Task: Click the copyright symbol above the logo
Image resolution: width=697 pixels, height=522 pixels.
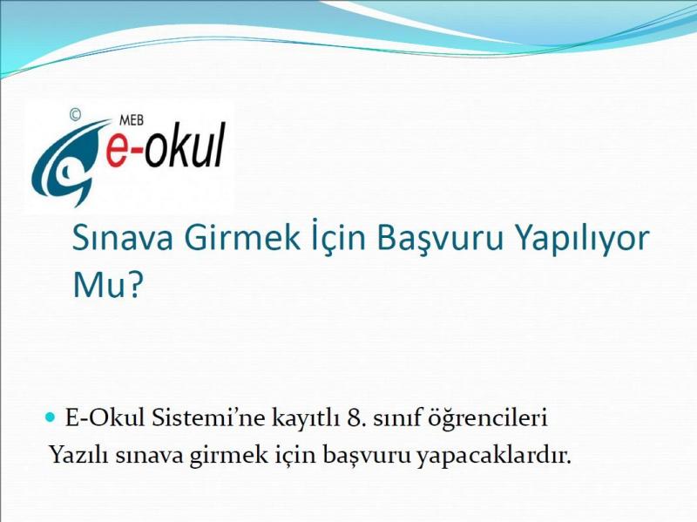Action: (x=75, y=115)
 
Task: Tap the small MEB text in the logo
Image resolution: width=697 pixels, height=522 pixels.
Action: (x=132, y=120)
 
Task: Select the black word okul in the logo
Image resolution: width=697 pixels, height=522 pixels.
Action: (x=186, y=145)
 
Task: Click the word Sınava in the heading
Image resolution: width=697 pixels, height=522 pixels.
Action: (x=122, y=238)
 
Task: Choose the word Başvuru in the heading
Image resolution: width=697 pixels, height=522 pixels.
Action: (x=440, y=239)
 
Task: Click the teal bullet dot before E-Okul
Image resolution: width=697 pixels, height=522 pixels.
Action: (x=51, y=417)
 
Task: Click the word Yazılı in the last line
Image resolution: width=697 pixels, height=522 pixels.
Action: (x=78, y=455)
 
